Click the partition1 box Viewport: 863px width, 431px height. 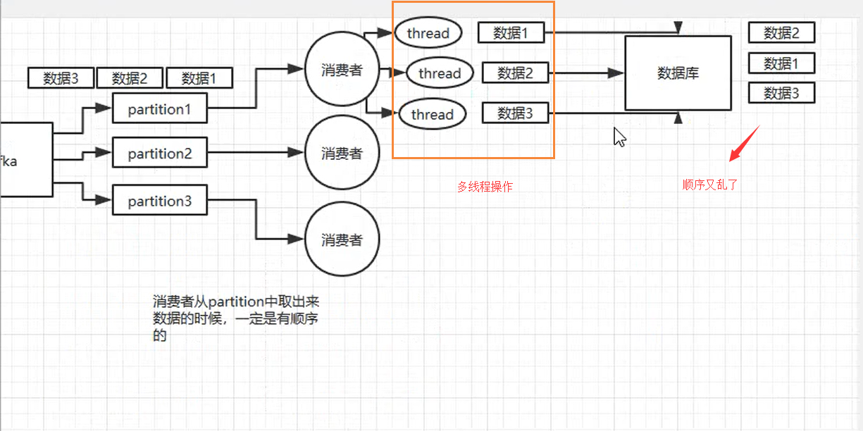pyautogui.click(x=159, y=109)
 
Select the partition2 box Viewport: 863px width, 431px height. pyautogui.click(x=159, y=154)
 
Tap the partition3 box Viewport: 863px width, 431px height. pyautogui.click(x=159, y=201)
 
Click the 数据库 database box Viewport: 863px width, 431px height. pyautogui.click(x=678, y=73)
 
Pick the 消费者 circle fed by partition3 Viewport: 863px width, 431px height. pyautogui.click(x=342, y=239)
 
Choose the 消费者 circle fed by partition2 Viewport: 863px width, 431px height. pyautogui.click(x=342, y=153)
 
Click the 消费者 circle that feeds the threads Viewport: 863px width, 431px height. pyautogui.click(x=342, y=70)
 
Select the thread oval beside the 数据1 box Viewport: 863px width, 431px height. pyautogui.click(x=428, y=33)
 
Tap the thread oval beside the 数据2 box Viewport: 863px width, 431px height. pyautogui.click(x=439, y=73)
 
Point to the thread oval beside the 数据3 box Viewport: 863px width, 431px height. pyautogui.click(x=432, y=114)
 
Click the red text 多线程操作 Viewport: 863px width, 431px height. pyautogui.click(x=485, y=187)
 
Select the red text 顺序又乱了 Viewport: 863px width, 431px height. pyautogui.click(x=709, y=185)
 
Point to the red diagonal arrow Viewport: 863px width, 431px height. pyautogui.click(x=744, y=143)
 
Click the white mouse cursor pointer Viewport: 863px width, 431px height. pyautogui.click(x=619, y=137)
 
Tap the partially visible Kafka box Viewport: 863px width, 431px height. pyautogui.click(x=25, y=161)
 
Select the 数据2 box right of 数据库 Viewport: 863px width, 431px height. pyautogui.click(x=781, y=32)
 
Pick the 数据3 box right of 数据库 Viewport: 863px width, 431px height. pyautogui.click(x=781, y=92)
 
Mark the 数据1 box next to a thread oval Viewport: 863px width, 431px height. pyautogui.click(x=511, y=32)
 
